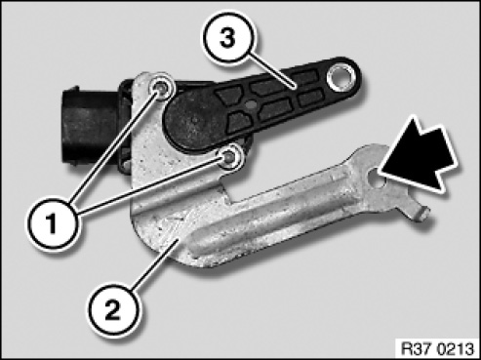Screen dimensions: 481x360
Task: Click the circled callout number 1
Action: tap(52, 224)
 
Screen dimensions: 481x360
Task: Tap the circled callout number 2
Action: tap(113, 310)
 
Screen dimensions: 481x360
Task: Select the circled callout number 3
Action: tap(228, 38)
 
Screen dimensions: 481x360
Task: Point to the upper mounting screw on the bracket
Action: tap(161, 87)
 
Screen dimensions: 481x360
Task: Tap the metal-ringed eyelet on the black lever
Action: tap(341, 77)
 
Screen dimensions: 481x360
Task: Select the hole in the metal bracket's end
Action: tap(377, 178)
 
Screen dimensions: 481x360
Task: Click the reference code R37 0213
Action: tap(437, 349)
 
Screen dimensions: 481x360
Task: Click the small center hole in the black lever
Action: tap(250, 103)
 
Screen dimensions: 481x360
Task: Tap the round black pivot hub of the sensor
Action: tap(195, 120)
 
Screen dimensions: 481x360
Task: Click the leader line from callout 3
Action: tap(274, 70)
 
